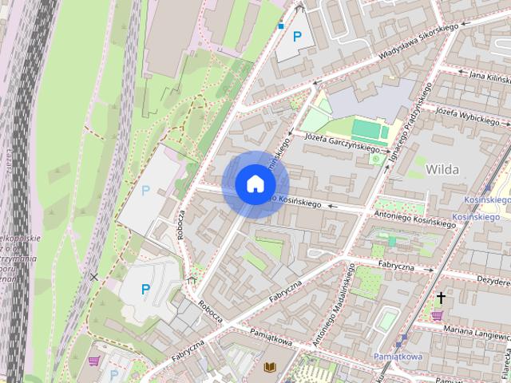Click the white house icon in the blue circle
click(x=255, y=184)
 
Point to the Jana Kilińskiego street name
click(x=489, y=76)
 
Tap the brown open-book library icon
click(x=269, y=366)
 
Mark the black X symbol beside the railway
click(x=94, y=278)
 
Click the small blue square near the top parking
click(x=281, y=26)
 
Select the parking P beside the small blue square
click(x=298, y=36)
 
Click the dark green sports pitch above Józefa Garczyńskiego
click(x=368, y=128)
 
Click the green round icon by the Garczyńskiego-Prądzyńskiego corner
click(x=376, y=160)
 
